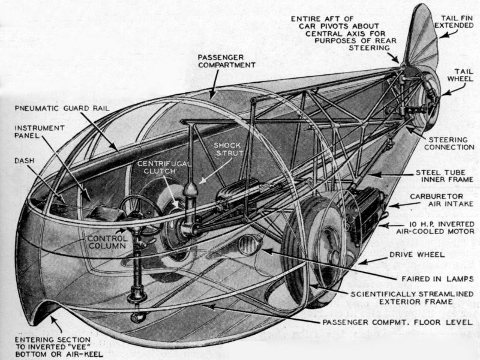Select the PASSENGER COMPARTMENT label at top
click(x=227, y=60)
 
